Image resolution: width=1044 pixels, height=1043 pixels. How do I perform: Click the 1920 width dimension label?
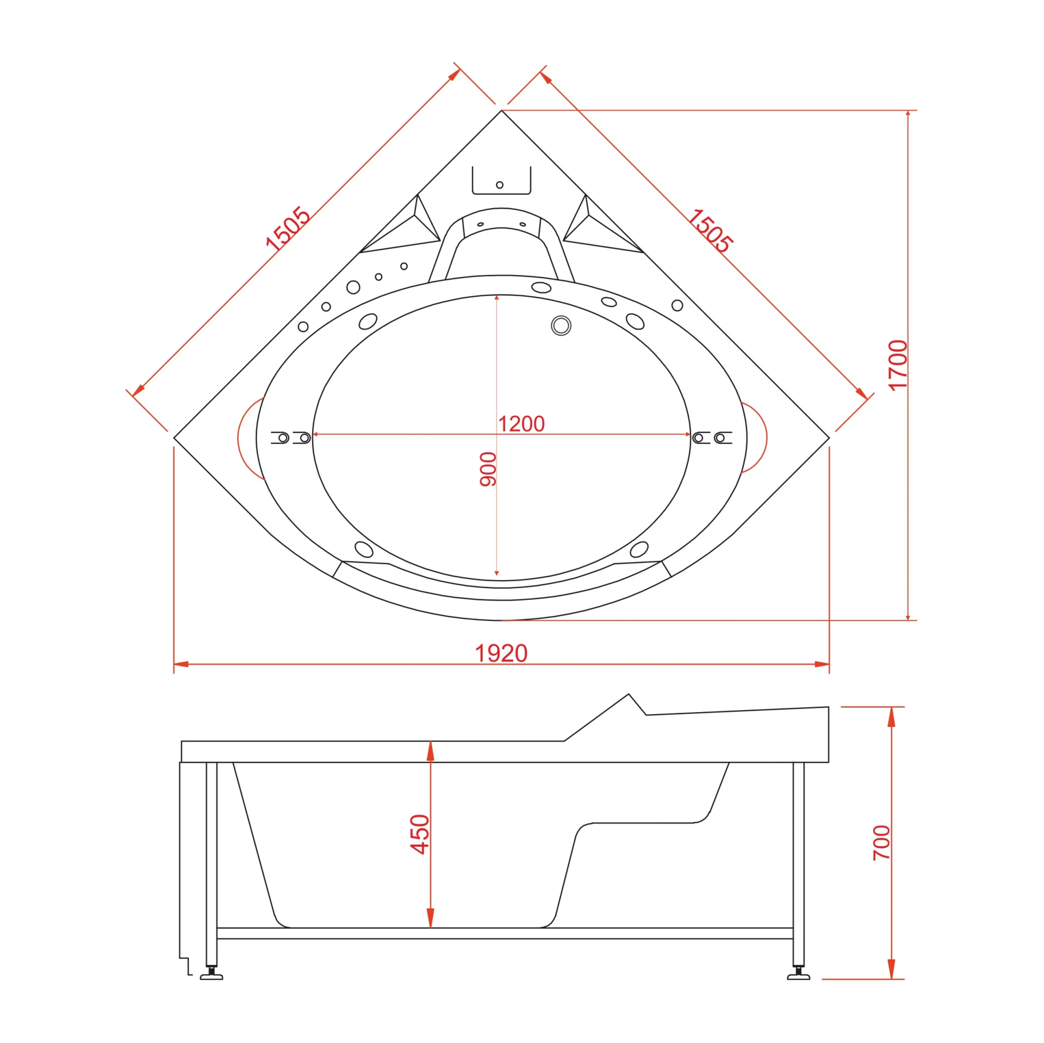(x=501, y=653)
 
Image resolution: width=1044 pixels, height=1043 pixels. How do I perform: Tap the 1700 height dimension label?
(x=898, y=365)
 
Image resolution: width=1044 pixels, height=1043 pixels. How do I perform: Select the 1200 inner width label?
(x=521, y=424)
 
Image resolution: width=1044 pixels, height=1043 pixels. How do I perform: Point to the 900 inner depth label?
(x=488, y=469)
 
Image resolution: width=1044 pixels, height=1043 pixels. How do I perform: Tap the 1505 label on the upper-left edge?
(x=287, y=228)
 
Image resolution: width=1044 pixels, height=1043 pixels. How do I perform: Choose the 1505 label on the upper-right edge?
(x=710, y=230)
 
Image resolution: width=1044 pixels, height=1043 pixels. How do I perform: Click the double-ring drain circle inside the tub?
(x=561, y=326)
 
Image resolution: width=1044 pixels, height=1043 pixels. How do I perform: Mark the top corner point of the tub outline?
(x=501, y=110)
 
